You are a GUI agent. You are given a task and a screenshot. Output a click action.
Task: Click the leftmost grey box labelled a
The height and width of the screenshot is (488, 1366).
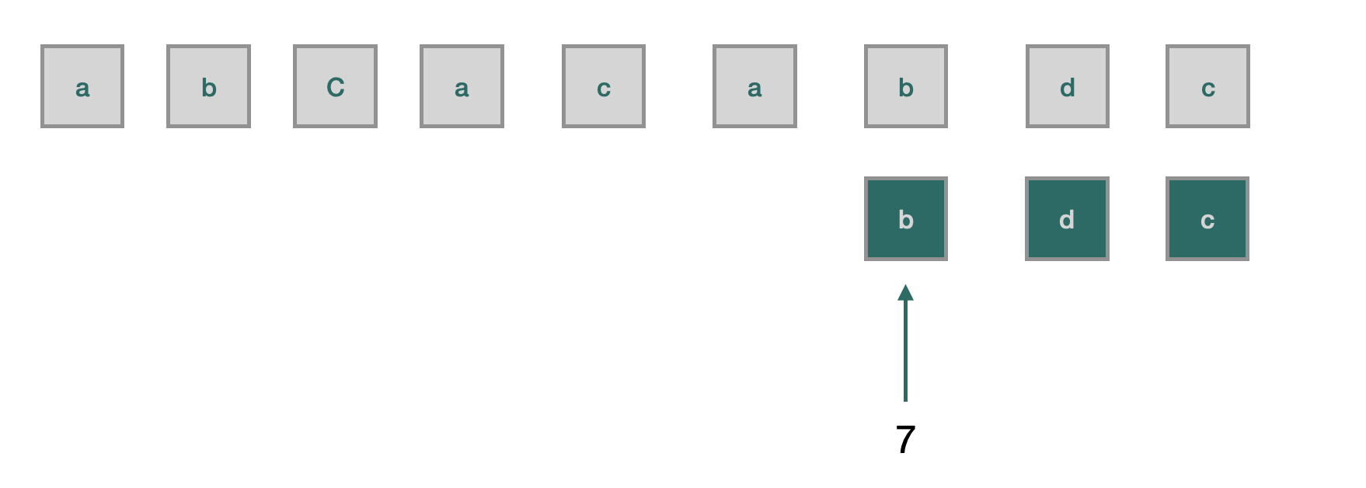pos(82,86)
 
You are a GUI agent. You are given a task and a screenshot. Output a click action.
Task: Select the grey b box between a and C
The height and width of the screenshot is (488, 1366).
pos(208,86)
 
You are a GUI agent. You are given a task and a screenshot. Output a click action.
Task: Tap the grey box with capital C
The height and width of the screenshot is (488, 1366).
pos(335,86)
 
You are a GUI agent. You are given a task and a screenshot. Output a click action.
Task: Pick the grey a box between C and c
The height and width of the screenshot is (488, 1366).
pos(462,86)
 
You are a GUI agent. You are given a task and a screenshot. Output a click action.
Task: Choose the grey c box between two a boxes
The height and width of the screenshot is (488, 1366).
pos(604,86)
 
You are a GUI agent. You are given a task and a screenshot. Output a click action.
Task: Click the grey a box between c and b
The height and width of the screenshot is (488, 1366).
pos(754,86)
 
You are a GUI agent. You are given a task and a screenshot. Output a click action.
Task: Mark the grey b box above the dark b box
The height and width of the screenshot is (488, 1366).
pos(906,86)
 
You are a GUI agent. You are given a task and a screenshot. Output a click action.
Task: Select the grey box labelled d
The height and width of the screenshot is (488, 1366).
pos(1068,86)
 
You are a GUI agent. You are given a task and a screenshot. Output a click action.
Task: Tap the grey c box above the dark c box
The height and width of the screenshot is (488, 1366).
pos(1207,86)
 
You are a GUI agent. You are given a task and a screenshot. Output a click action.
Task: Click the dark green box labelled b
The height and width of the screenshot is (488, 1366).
pos(906,218)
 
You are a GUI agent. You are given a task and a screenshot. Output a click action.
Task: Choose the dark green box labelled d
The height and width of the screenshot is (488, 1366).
pos(1067,218)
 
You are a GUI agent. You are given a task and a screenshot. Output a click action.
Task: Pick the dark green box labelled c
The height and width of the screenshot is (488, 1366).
pos(1207,218)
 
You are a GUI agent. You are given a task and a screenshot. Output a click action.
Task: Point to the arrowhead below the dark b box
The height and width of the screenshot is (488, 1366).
pos(905,293)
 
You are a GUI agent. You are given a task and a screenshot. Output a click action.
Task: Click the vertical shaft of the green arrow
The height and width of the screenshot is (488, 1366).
pos(905,350)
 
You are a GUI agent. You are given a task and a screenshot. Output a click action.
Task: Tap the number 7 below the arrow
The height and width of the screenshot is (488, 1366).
pos(905,440)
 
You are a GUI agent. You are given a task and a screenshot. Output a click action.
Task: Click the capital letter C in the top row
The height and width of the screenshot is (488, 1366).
pos(335,87)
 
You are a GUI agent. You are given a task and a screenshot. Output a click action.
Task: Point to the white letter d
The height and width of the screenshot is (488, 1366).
pos(1067,220)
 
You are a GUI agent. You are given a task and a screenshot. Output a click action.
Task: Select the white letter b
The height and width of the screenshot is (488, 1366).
pos(906,220)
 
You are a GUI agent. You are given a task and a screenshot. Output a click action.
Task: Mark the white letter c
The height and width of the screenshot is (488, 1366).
pos(1207,221)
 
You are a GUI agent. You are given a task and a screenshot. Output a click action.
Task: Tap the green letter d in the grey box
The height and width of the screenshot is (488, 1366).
pos(1068,88)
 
